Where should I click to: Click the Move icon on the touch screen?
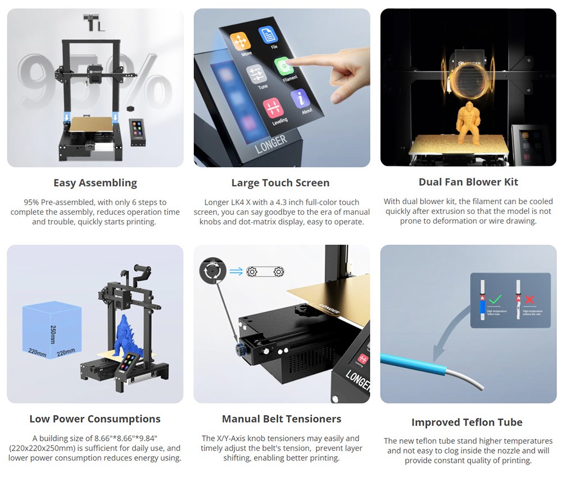coord(241,43)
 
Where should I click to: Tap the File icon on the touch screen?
coord(269,35)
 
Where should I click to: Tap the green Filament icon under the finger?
coord(284,67)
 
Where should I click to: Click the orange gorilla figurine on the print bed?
coord(468,122)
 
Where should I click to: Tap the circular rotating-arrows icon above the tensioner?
coord(212,272)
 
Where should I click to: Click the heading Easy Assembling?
coord(95,183)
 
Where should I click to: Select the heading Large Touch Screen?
coord(280,183)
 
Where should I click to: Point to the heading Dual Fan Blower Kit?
coord(468,182)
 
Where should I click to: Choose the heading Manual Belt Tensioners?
coord(282,419)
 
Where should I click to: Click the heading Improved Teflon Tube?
coord(467,422)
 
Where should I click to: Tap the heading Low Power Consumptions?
coord(95,419)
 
